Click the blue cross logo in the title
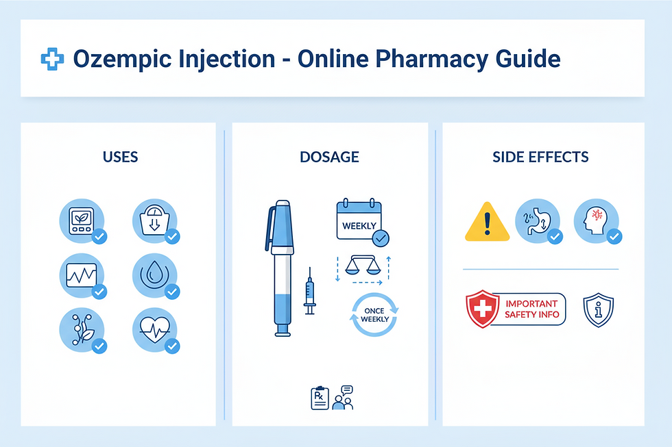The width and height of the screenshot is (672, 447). [51, 59]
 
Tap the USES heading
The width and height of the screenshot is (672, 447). [120, 157]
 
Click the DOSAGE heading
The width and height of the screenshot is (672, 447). [329, 157]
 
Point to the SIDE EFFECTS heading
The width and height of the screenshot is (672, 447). [540, 157]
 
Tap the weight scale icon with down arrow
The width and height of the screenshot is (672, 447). [154, 220]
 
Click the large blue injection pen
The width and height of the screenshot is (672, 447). [282, 267]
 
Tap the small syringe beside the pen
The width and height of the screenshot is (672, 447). [309, 290]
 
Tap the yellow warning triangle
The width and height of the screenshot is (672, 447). [486, 222]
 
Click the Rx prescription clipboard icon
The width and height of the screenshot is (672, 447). [320, 398]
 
